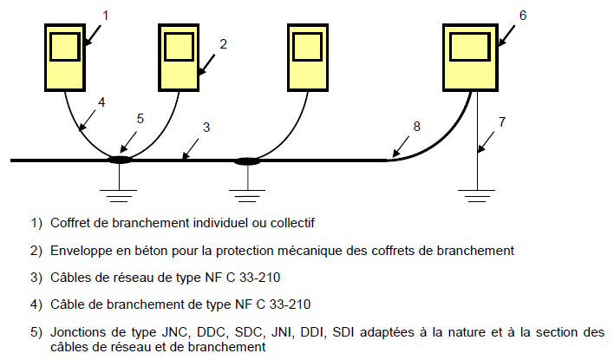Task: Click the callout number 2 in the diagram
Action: (223, 43)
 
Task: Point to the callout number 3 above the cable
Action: (206, 128)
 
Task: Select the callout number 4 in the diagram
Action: (101, 101)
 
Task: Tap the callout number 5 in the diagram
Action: (140, 118)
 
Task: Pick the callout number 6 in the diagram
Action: (522, 15)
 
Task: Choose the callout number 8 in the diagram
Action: (416, 127)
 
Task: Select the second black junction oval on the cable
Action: (248, 160)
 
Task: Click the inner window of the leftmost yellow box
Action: (65, 46)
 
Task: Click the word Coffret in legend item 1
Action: (71, 223)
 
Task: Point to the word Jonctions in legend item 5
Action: (78, 332)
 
